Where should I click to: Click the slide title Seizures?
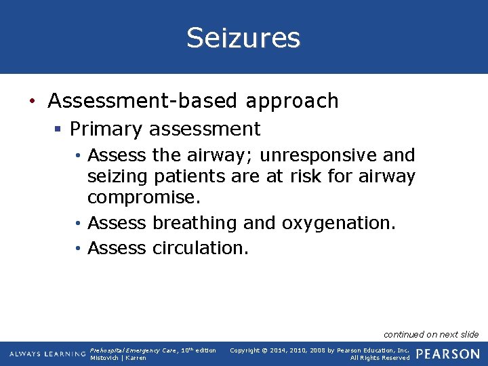pyautogui.click(x=243, y=38)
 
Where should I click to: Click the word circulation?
pyautogui.click(x=201, y=248)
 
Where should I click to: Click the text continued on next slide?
pyautogui.click(x=431, y=334)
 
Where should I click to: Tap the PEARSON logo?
pyautogui.click(x=448, y=354)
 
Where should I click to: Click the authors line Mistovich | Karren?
pyautogui.click(x=118, y=358)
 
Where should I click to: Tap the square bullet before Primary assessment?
pyautogui.click(x=60, y=129)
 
